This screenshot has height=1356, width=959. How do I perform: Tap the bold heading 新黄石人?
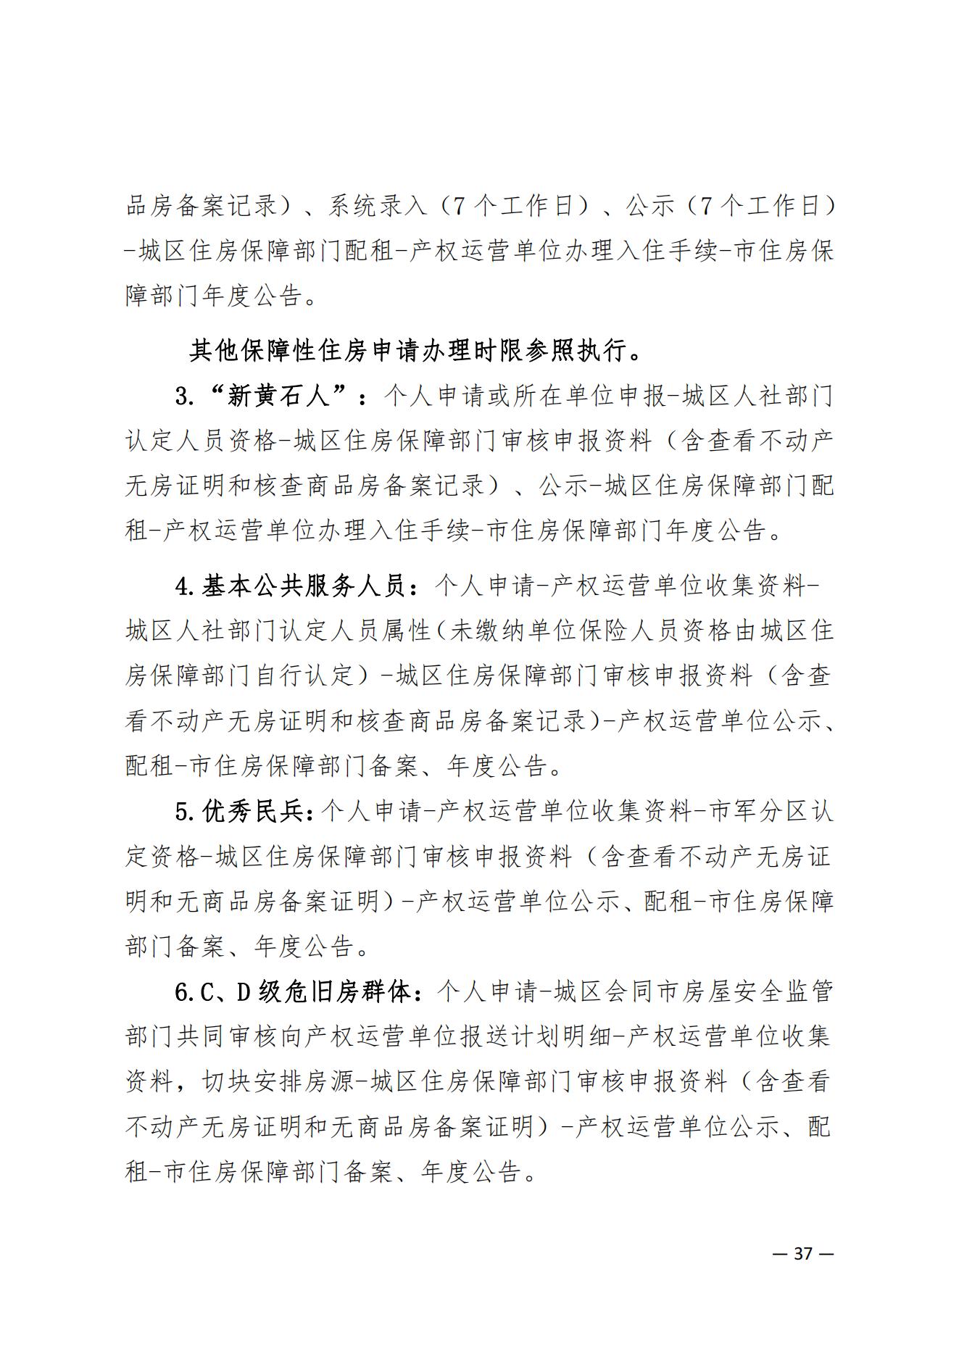click(x=278, y=396)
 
